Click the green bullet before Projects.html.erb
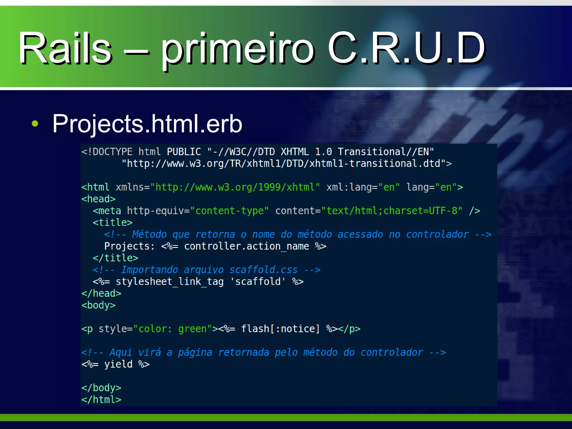click(x=35, y=123)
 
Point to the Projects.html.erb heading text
click(x=147, y=123)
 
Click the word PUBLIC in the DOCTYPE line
click(x=184, y=152)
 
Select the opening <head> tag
click(x=98, y=199)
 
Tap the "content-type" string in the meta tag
click(x=229, y=211)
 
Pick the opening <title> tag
click(x=113, y=223)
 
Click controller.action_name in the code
click(x=246, y=246)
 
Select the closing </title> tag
click(x=115, y=258)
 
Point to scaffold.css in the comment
click(x=263, y=270)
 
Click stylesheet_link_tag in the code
click(x=170, y=282)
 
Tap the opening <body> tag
click(x=98, y=305)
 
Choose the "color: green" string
click(x=172, y=329)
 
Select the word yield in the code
click(x=118, y=364)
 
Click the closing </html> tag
click(x=101, y=400)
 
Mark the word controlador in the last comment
click(x=392, y=352)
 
